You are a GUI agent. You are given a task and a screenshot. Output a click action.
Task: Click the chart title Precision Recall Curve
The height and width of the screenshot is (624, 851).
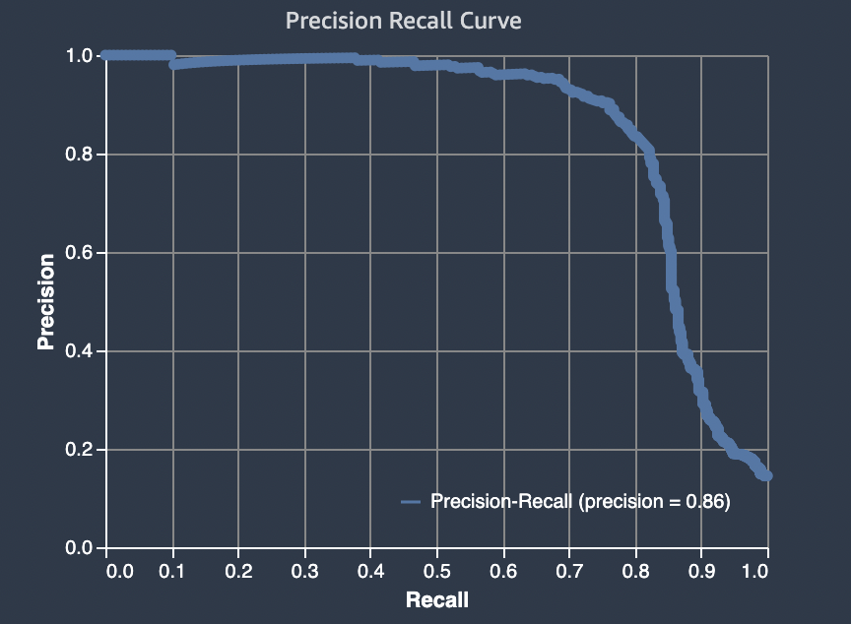click(404, 21)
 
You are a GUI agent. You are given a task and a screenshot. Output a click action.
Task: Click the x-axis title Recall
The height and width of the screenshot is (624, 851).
click(436, 599)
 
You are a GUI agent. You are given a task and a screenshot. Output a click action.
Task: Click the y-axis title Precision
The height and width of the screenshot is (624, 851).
click(45, 302)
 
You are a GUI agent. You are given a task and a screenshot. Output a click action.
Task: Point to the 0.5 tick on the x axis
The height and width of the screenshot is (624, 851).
click(436, 571)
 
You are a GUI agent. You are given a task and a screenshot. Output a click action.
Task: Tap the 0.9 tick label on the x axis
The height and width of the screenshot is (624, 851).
click(701, 571)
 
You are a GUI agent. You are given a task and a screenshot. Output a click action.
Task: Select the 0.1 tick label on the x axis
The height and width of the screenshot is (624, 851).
click(172, 571)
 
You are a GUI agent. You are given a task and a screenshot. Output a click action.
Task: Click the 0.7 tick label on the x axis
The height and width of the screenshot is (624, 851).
click(568, 571)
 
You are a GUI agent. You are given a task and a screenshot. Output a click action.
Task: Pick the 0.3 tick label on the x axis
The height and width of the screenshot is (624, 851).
click(304, 571)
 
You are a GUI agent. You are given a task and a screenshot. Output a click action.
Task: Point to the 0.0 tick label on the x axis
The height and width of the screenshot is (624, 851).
click(115, 571)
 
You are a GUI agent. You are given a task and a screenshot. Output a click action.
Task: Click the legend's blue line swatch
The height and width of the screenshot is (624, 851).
click(412, 502)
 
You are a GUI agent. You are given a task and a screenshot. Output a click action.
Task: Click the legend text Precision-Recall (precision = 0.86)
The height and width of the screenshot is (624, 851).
click(579, 502)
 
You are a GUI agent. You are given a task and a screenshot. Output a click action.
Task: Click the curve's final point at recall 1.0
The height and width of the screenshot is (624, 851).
click(766, 475)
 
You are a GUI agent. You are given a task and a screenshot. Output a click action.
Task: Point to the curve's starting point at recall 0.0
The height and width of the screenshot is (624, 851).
click(106, 56)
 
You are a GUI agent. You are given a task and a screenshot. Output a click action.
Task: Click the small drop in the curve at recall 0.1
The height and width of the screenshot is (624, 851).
click(173, 64)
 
